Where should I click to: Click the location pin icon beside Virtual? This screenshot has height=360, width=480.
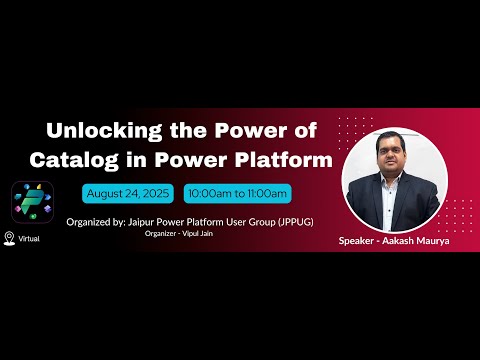tap(10, 237)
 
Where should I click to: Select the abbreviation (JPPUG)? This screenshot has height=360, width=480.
tap(277, 221)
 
